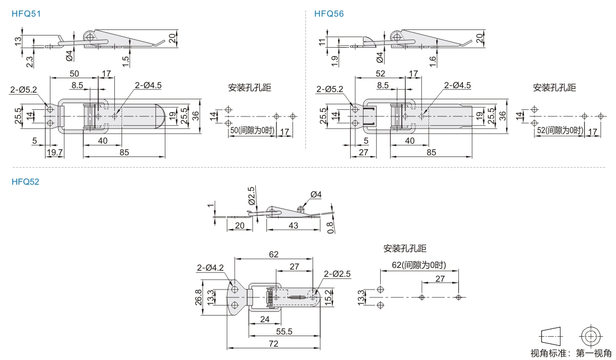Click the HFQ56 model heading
(x=329, y=14)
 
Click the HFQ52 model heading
(x=26, y=181)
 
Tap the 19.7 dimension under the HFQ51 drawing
(x=54, y=153)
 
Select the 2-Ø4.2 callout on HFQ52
(x=210, y=268)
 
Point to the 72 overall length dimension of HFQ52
(x=274, y=344)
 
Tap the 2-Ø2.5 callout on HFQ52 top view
(x=338, y=273)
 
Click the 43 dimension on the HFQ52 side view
(x=294, y=225)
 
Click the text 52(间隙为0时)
(x=559, y=130)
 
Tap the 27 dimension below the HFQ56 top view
(x=364, y=153)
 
